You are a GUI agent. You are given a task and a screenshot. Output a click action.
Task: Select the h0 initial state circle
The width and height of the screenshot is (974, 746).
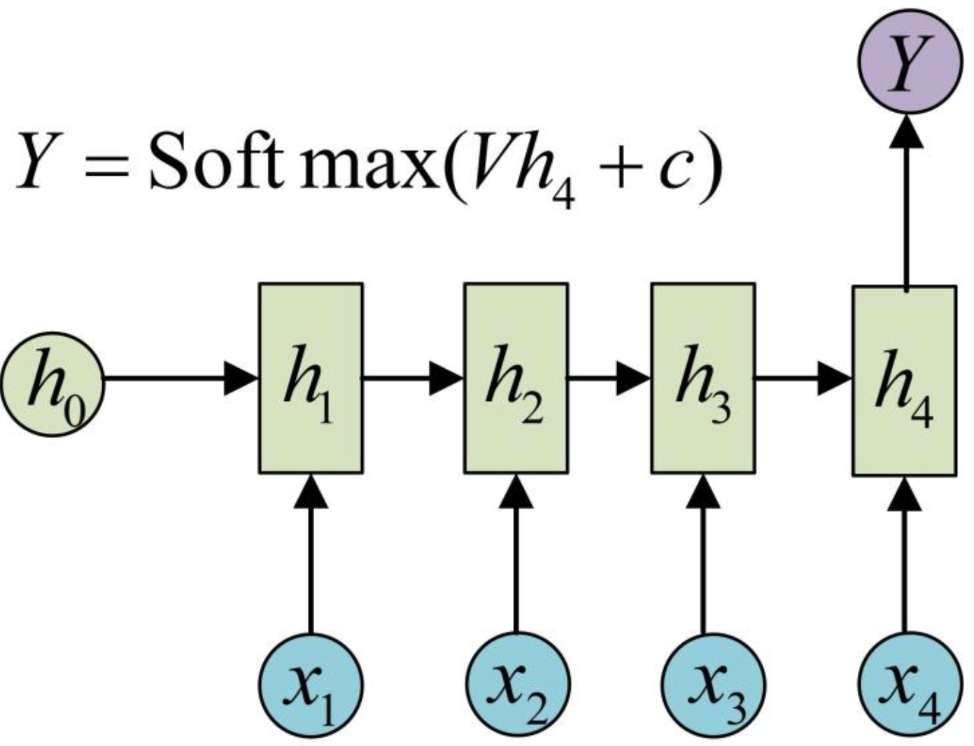coord(53,383)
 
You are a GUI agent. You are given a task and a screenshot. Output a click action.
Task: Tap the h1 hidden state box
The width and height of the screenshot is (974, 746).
coord(311,378)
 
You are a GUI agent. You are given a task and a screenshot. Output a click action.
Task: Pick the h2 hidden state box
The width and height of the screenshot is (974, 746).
coord(516,378)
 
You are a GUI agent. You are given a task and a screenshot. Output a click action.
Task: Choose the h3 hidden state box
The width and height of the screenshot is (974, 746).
coord(703,378)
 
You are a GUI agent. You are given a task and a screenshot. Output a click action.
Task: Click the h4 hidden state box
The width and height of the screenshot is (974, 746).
coord(904,381)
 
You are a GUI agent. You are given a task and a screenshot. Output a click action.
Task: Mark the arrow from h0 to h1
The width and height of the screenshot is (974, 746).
coord(182,378)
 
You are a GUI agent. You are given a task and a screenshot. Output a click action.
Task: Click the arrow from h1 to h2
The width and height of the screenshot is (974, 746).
coord(414,378)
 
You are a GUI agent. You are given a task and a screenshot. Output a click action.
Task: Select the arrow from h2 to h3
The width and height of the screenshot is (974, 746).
coord(609,378)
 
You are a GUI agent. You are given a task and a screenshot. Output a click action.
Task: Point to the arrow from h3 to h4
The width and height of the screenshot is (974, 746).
coord(803,378)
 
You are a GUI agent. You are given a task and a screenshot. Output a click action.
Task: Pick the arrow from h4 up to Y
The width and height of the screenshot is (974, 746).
coord(906,203)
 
